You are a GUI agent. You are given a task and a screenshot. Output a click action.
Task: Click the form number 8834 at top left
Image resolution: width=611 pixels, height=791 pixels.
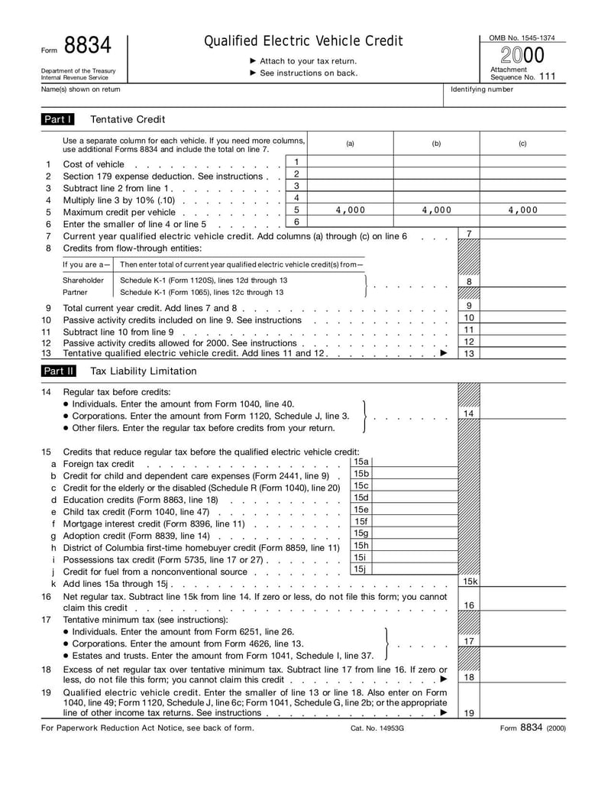click(x=87, y=47)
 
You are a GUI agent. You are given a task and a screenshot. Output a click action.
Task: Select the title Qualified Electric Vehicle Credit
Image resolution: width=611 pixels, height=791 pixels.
click(x=303, y=41)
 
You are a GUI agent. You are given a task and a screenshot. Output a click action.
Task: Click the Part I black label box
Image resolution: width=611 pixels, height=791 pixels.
click(x=58, y=119)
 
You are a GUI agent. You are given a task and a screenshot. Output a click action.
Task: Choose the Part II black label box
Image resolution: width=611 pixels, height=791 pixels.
click(x=58, y=371)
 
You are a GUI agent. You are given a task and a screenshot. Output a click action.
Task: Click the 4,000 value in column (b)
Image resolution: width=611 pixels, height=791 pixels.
click(x=436, y=210)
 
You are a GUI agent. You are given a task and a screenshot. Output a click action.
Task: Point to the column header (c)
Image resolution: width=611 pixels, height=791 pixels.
click(x=522, y=144)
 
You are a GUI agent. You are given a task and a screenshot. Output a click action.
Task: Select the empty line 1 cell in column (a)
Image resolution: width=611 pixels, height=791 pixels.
click(x=350, y=163)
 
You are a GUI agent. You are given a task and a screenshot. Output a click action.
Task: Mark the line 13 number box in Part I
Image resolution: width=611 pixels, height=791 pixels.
click(x=469, y=353)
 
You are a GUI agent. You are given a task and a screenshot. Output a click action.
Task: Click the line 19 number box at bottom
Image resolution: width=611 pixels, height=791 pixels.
click(x=469, y=713)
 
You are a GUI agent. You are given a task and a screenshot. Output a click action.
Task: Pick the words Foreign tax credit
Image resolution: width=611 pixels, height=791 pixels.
click(x=99, y=464)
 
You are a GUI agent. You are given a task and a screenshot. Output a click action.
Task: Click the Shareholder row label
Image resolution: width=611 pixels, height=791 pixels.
click(x=83, y=280)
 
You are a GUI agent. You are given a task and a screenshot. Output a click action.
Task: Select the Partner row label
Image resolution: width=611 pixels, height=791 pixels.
click(x=75, y=292)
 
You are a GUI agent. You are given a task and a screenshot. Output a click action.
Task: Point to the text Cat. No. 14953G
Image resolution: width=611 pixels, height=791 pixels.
click(x=377, y=728)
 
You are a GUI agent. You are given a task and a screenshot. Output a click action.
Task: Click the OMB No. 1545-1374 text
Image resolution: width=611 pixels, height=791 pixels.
click(x=522, y=37)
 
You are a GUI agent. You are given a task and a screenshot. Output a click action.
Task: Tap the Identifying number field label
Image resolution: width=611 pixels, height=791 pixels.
click(x=482, y=89)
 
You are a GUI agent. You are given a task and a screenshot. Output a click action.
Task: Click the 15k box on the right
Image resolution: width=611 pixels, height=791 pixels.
click(x=469, y=582)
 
